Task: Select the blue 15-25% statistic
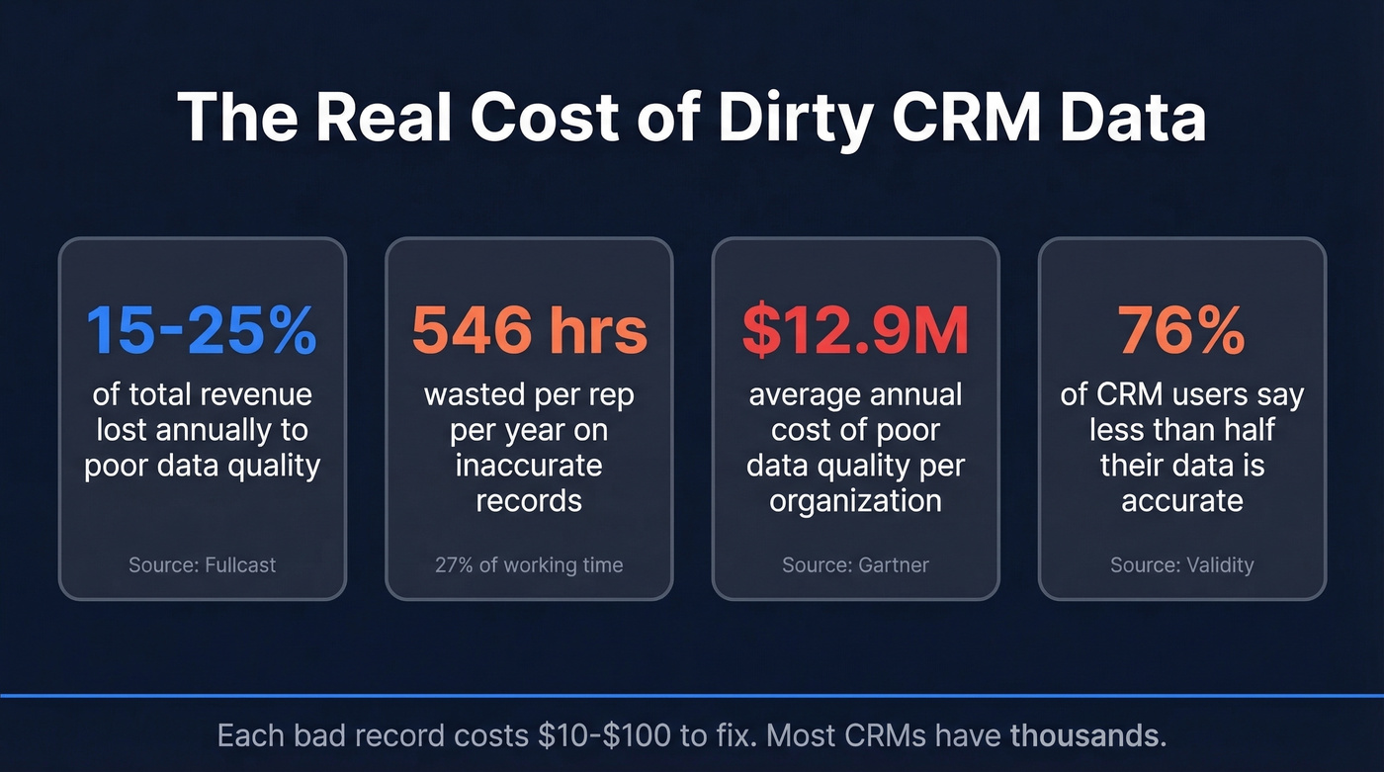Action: pos(202,331)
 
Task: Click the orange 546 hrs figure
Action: pos(529,331)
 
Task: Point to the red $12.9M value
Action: pos(855,331)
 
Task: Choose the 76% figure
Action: pos(1181,331)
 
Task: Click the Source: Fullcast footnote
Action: pos(202,565)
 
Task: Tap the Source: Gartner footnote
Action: pos(855,565)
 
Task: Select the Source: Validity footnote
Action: pos(1181,565)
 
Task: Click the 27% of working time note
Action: pos(529,565)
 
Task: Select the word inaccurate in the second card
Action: pos(529,466)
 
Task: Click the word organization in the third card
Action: pos(855,500)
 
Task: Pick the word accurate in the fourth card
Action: pos(1181,500)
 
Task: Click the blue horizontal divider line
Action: pos(692,696)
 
